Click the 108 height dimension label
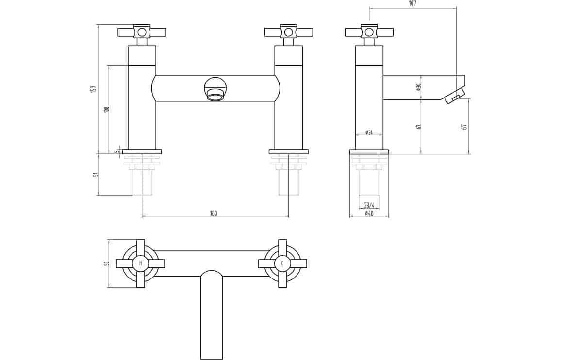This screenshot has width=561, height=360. click(x=106, y=110)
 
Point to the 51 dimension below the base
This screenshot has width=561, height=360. click(x=95, y=174)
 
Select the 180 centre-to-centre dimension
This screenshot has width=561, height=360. click(x=213, y=213)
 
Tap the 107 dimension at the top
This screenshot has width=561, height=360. click(x=412, y=3)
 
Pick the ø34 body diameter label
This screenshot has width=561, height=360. click(x=369, y=132)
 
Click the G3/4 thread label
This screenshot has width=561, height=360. click(x=369, y=205)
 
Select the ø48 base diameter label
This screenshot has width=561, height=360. click(x=369, y=213)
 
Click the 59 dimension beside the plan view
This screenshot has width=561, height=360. click(x=106, y=264)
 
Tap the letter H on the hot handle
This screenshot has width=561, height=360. click(x=140, y=263)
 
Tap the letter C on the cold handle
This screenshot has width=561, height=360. click(x=282, y=263)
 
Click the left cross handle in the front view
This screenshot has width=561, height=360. click(x=142, y=32)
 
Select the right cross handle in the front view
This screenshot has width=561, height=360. click(x=289, y=32)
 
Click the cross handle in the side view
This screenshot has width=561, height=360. click(x=369, y=32)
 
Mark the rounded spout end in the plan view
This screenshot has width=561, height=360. click(x=212, y=273)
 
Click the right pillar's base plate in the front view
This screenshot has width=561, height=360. click(x=288, y=152)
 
